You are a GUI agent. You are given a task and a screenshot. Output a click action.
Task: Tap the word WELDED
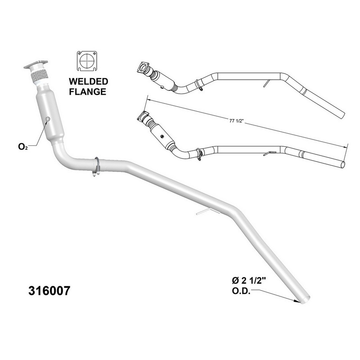point(88,82)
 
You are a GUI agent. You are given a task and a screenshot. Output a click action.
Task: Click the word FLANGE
point(88,92)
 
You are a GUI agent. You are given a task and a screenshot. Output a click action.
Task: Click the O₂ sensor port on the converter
point(47,119)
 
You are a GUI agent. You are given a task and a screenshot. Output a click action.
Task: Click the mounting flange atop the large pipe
point(36,66)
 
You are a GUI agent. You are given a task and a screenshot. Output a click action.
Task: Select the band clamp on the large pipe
point(96,166)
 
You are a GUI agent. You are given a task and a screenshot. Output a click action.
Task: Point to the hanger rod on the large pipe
point(205,212)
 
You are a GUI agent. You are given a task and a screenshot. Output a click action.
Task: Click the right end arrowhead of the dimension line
point(347,146)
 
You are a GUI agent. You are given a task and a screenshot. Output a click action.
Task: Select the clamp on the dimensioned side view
point(198,153)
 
